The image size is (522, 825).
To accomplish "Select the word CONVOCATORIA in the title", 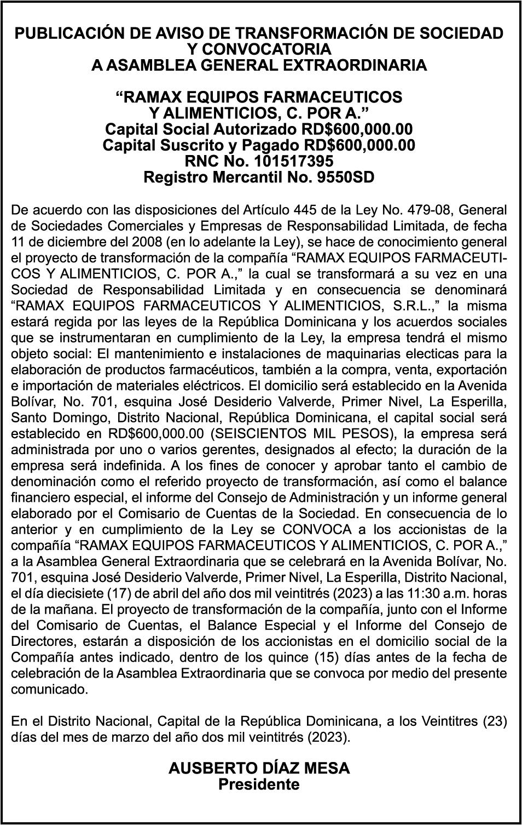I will coord(259,49).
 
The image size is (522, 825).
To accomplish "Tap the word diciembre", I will coord(62,242).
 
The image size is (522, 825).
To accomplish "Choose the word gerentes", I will coord(288,450).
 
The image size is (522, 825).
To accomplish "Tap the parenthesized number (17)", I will coord(105,593).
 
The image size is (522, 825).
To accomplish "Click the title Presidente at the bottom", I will coord(259,784).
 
